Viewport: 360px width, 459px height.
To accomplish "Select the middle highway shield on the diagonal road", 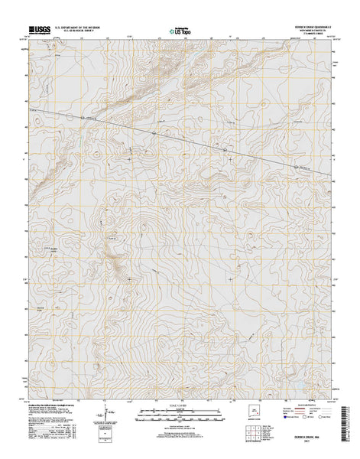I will (153, 134).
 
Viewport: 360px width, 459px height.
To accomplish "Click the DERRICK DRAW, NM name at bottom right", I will (306, 436).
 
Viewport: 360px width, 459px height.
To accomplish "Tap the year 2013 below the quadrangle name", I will (306, 441).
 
